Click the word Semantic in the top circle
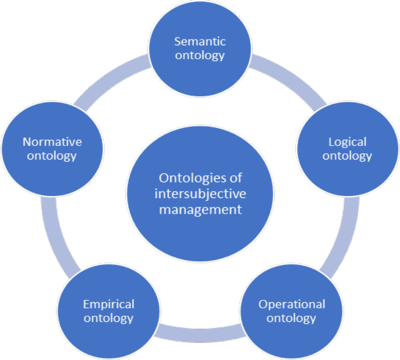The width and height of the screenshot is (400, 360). (x=200, y=41)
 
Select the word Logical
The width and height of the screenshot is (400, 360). (x=347, y=142)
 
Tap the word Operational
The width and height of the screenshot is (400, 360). (x=292, y=304)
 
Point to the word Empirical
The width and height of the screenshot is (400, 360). (x=108, y=304)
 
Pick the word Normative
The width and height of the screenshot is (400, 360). (x=53, y=142)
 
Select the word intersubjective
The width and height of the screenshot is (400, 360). (x=200, y=194)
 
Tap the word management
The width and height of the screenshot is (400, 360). (x=200, y=210)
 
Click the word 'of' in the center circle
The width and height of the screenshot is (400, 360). (x=236, y=178)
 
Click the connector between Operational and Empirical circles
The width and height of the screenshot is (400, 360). (x=200, y=333)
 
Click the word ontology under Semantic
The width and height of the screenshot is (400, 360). (x=200, y=55)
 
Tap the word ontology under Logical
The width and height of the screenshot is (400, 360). (x=347, y=156)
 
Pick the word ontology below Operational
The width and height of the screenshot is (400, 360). (x=292, y=318)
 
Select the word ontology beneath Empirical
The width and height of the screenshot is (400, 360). (x=108, y=318)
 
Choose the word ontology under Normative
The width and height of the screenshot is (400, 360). (x=53, y=156)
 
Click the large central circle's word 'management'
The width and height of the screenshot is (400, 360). (x=200, y=210)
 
